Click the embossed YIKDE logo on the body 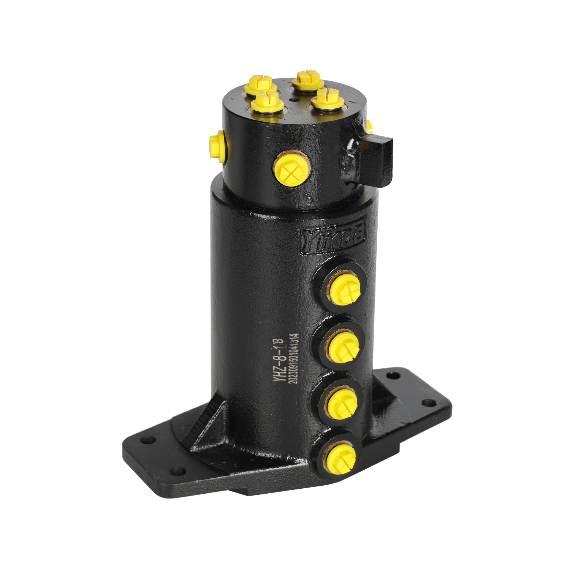333,236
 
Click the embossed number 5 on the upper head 309,198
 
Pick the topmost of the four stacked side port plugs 344,289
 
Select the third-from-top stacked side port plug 342,404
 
